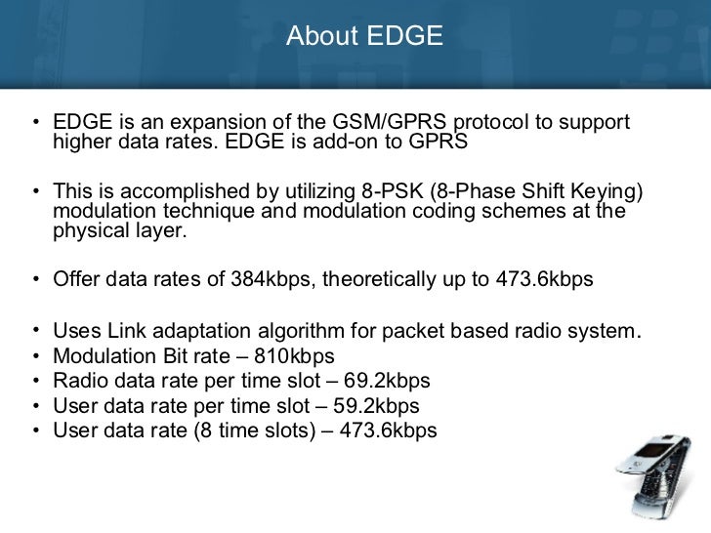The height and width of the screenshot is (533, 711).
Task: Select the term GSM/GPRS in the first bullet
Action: coord(368,125)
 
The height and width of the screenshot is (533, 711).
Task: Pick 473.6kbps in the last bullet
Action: coord(387,430)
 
